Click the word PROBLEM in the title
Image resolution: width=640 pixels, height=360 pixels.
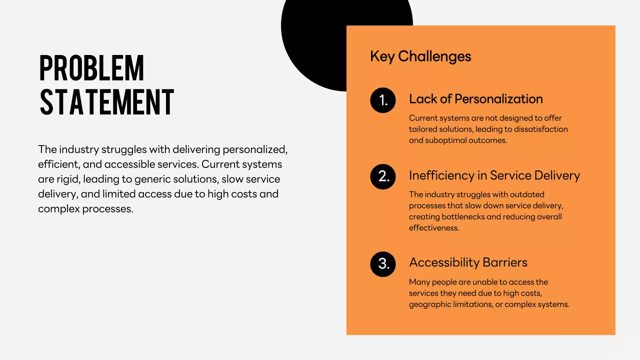point(91,68)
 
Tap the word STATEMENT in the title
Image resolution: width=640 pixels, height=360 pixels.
point(106,103)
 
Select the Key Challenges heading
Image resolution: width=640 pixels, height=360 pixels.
point(420,56)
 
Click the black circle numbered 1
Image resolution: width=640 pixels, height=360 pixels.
point(383,100)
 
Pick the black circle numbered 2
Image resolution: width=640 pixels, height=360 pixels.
point(383,176)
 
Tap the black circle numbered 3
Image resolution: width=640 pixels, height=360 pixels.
point(383,264)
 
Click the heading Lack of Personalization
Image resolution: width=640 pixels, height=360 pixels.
point(475,99)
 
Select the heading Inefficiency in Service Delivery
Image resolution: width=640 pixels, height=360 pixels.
point(494,175)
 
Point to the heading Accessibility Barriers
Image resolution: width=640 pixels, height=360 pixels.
point(468,262)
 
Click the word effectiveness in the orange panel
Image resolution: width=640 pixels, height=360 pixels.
point(433,227)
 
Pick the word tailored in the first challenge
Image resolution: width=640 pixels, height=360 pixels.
point(423,129)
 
